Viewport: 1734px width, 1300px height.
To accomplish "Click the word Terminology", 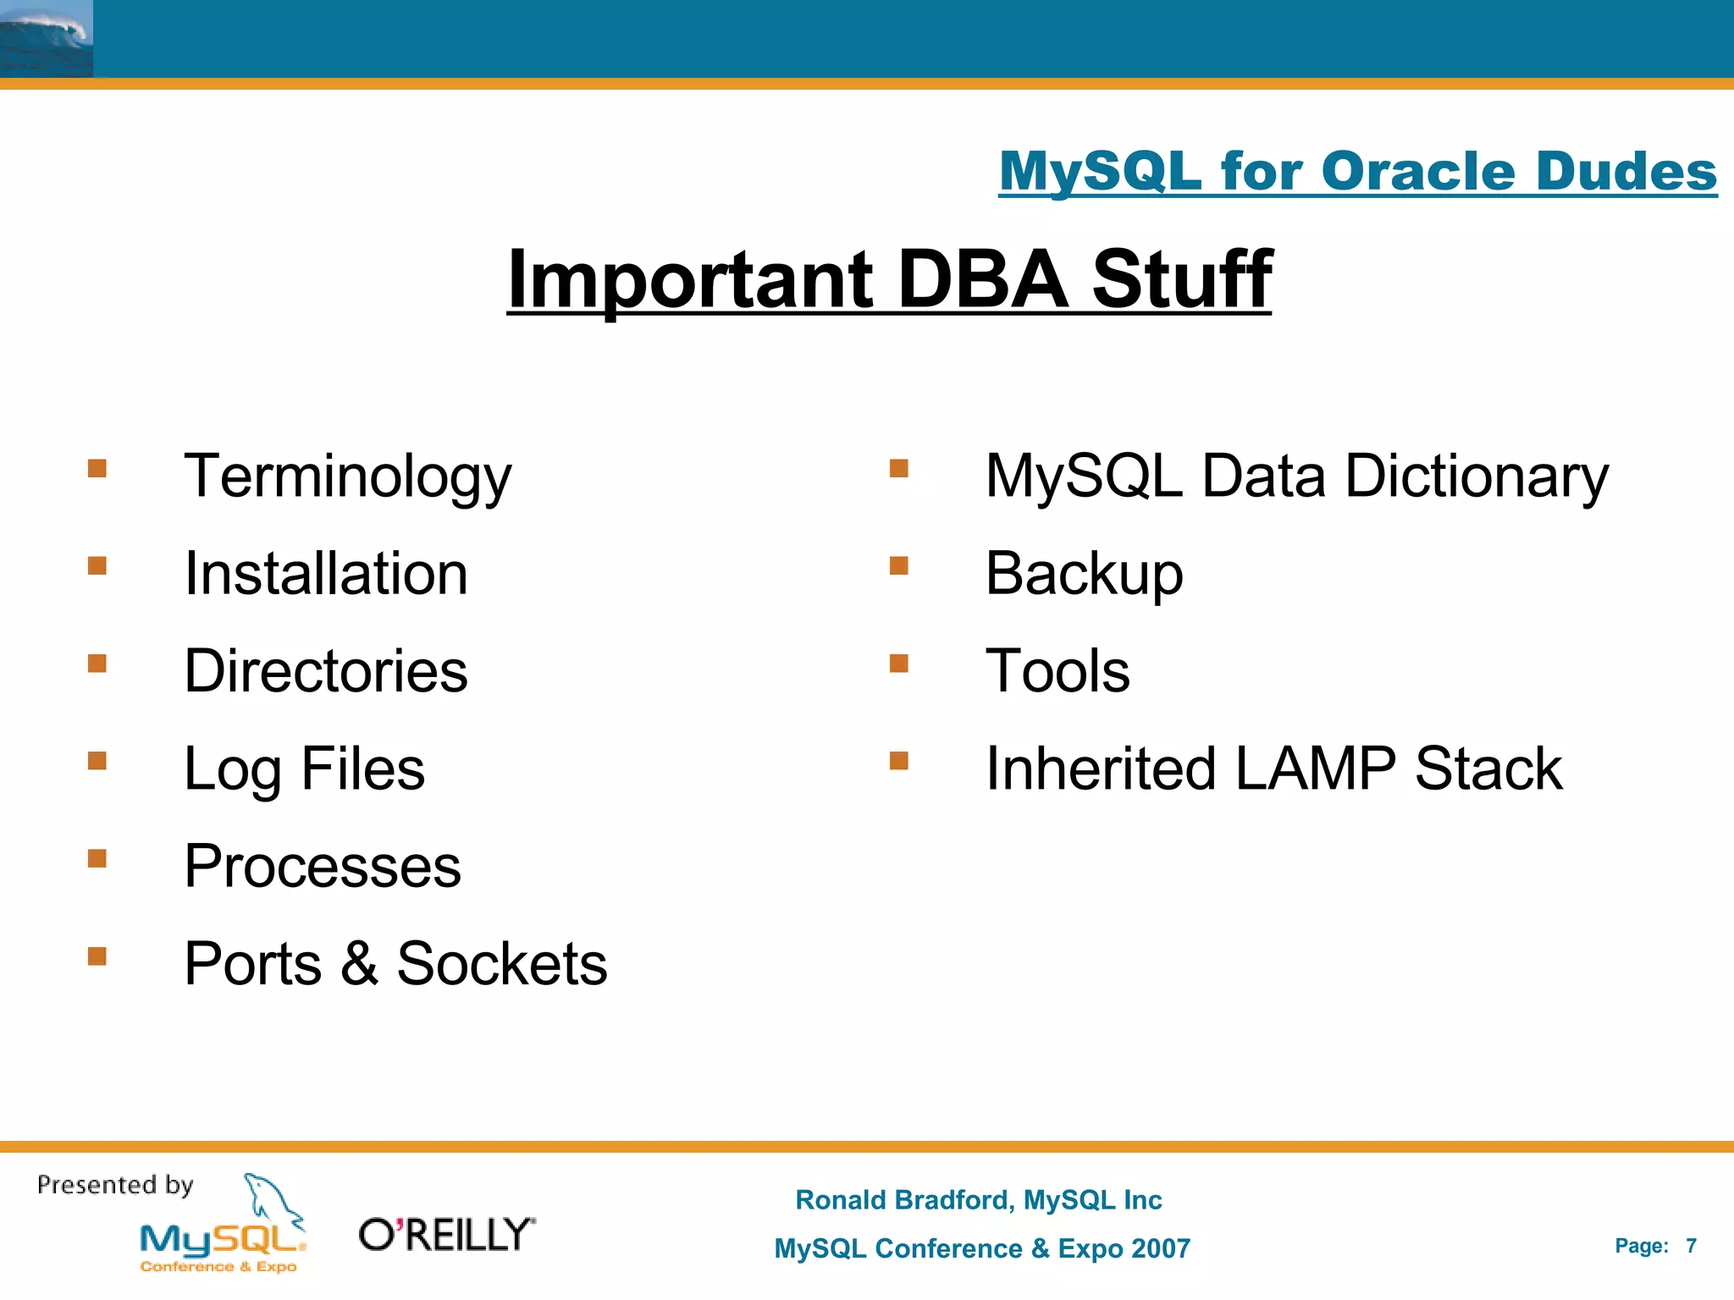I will click(x=347, y=477).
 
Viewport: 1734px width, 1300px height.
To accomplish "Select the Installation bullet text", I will click(x=326, y=574).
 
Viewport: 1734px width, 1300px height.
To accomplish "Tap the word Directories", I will click(x=326, y=671).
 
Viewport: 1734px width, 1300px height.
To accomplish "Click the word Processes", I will click(x=323, y=867).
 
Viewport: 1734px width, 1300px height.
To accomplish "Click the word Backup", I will click(x=1084, y=574).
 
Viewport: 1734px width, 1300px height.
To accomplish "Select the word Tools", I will click(x=1058, y=671).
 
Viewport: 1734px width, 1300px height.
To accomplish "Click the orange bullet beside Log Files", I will click(x=97, y=761).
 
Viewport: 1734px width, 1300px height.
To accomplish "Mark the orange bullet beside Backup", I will click(x=899, y=565).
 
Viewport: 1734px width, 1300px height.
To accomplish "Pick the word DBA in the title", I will click(x=982, y=279).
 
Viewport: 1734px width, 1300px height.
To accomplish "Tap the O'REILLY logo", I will click(x=447, y=1235).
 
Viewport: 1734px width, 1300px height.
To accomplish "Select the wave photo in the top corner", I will click(x=46, y=38).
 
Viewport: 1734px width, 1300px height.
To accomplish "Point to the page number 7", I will click(x=1691, y=1246).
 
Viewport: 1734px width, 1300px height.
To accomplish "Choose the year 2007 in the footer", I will click(x=1160, y=1248).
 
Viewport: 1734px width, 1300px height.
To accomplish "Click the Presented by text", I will click(x=115, y=1185).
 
